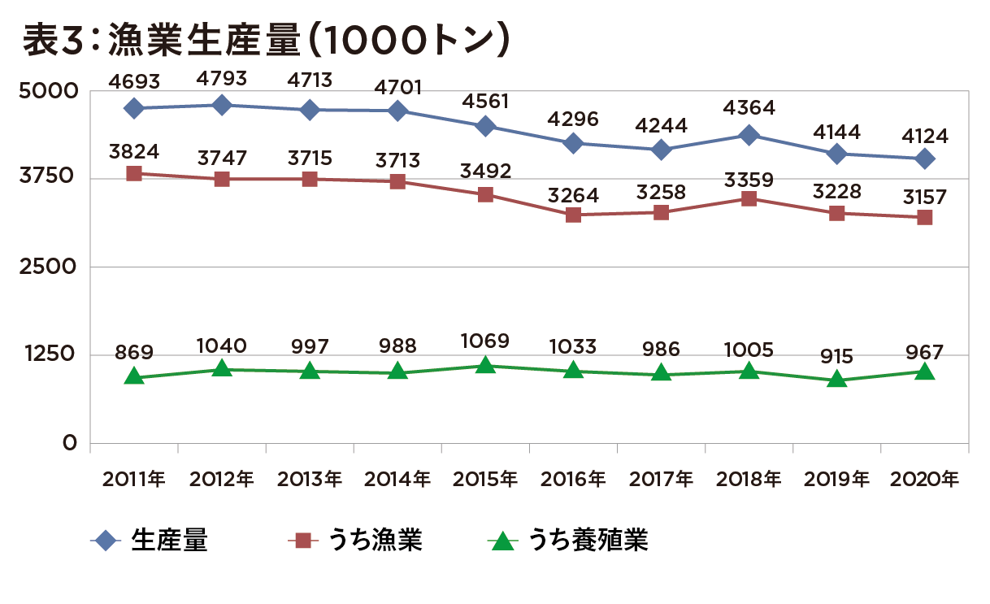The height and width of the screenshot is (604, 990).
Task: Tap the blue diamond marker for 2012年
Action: click(222, 105)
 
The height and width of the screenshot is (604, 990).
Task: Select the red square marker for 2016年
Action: click(573, 215)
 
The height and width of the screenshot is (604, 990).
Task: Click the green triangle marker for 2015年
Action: click(485, 365)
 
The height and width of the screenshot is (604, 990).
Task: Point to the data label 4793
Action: click(222, 79)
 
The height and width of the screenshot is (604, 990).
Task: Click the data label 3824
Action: click(134, 151)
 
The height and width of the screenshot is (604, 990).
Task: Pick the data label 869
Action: click(134, 353)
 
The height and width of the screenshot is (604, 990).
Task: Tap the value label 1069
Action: click(485, 341)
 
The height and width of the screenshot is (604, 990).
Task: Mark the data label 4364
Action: click(749, 108)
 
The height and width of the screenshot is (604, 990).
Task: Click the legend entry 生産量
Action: click(169, 541)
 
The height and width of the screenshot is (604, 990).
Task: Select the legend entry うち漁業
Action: click(375, 541)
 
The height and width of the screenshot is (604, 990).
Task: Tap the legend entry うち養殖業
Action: click(588, 541)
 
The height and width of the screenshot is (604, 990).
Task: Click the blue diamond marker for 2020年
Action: click(924, 159)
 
